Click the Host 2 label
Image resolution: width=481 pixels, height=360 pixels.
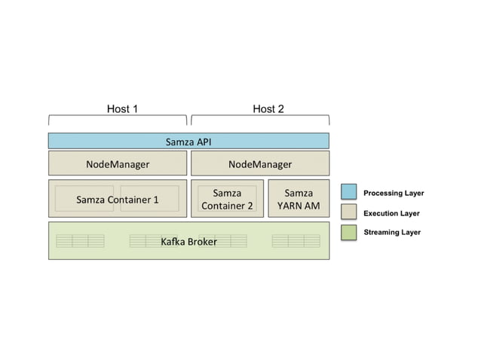tap(268, 108)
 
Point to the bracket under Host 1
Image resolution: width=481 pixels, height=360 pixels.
tap(118, 119)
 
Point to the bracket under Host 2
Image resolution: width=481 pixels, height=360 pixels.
tap(260, 119)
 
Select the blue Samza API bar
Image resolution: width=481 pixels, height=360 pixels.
tap(188, 141)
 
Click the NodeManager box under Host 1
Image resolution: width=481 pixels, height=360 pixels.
tap(118, 163)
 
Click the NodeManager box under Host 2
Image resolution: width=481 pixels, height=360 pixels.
tap(260, 163)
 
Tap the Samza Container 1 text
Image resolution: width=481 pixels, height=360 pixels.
tap(118, 200)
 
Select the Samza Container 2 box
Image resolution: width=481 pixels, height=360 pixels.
tap(227, 199)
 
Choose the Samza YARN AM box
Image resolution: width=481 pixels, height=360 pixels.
tap(299, 199)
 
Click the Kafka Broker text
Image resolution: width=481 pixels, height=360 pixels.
tap(188, 242)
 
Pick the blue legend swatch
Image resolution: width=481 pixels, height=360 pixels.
tap(348, 193)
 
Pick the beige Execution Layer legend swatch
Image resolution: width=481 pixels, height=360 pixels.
tap(348, 212)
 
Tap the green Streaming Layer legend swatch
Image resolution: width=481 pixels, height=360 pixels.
tap(348, 232)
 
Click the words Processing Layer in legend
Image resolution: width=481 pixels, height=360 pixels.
tap(394, 194)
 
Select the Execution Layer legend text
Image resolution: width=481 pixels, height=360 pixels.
tap(391, 213)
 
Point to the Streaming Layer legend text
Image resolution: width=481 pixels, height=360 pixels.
tap(392, 233)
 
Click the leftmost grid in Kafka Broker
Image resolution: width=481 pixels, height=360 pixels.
tap(80, 241)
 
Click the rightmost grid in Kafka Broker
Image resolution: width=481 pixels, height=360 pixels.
tap(296, 241)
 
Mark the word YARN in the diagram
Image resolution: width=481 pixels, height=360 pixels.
tap(291, 206)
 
